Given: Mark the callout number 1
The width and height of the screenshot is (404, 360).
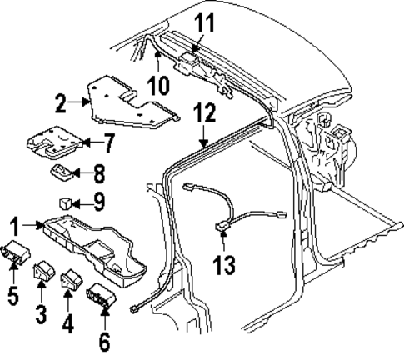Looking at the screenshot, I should [x=15, y=225].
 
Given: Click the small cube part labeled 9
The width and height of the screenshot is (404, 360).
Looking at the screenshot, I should [x=64, y=201].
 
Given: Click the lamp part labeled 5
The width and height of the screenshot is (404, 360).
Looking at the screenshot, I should [x=16, y=252].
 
